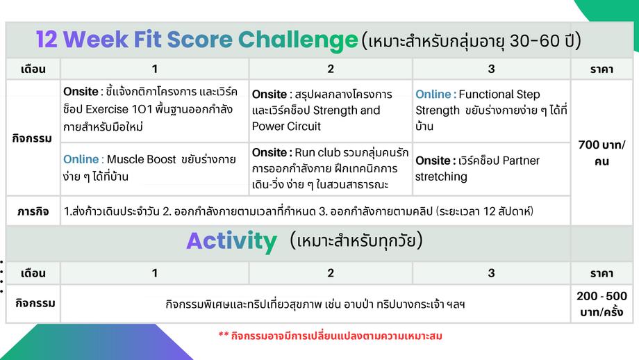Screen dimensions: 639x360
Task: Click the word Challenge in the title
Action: click(x=298, y=40)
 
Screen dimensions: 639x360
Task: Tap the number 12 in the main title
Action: click(x=47, y=40)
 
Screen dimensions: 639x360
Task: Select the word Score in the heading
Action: click(x=199, y=40)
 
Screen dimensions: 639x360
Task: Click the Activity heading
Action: click(x=232, y=241)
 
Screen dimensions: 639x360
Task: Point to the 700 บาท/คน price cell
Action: click(x=601, y=153)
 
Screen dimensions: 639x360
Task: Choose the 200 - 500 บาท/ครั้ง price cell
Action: click(x=601, y=304)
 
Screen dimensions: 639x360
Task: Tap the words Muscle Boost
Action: click(x=141, y=159)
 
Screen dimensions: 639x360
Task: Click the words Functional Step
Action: click(x=499, y=95)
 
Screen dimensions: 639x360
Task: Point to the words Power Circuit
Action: click(x=286, y=126)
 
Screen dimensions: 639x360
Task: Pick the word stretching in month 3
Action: click(x=441, y=177)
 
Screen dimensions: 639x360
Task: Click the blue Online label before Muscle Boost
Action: click(x=81, y=159)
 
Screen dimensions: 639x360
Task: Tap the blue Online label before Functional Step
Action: click(x=433, y=95)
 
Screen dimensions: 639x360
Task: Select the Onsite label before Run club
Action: click(x=269, y=152)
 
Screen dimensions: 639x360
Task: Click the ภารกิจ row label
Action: click(x=33, y=211)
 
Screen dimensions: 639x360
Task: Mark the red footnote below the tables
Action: click(x=331, y=336)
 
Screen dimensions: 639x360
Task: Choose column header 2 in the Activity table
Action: click(x=331, y=272)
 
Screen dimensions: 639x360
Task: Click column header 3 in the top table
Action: click(x=492, y=69)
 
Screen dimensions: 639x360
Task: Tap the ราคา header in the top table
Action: click(x=601, y=69)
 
